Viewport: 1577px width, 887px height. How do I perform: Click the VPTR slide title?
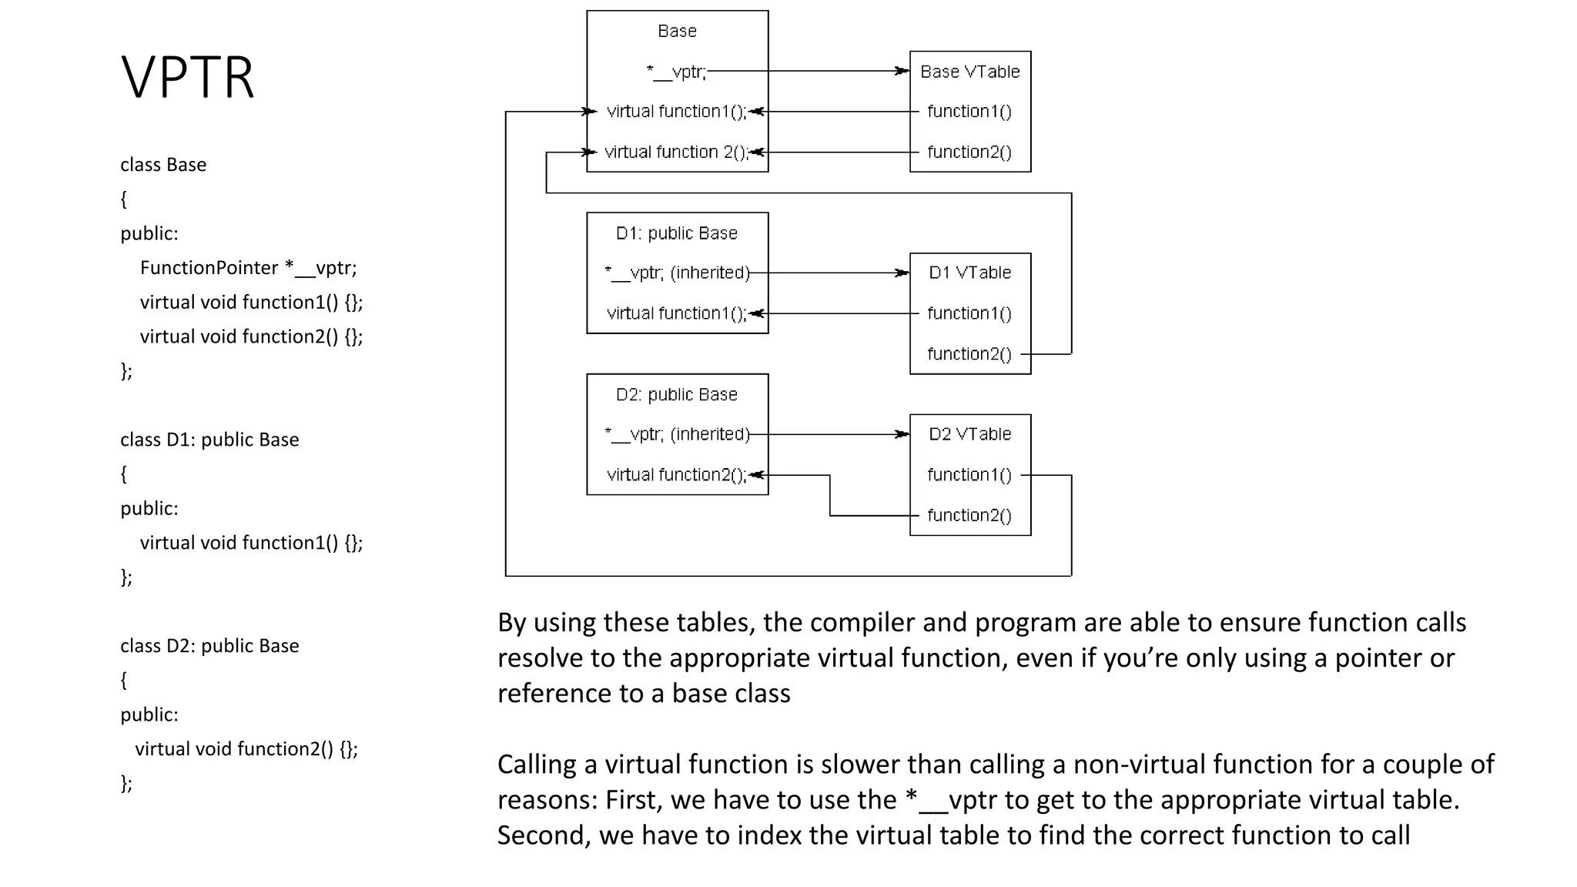point(187,77)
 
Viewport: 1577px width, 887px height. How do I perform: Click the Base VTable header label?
point(969,72)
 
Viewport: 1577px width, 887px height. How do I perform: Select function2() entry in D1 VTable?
point(969,354)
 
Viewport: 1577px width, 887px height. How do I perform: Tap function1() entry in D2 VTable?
point(969,475)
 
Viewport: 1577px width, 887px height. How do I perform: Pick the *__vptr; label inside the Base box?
point(676,72)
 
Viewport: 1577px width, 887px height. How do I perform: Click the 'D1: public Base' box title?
point(676,233)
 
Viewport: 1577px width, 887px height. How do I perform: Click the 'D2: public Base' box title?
point(676,395)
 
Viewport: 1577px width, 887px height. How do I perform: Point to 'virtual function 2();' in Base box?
point(675,152)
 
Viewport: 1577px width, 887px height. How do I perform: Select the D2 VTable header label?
point(969,434)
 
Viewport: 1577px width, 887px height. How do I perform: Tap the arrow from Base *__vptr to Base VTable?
point(809,71)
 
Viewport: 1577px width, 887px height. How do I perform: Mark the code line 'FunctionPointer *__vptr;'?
point(248,268)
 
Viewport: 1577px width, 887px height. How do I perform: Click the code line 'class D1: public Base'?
point(209,440)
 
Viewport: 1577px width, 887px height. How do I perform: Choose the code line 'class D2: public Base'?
point(209,646)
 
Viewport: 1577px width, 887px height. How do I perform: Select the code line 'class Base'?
point(163,165)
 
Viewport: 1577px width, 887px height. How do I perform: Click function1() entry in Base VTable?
point(969,112)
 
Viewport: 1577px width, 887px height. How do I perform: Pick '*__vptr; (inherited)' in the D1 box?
point(676,273)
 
